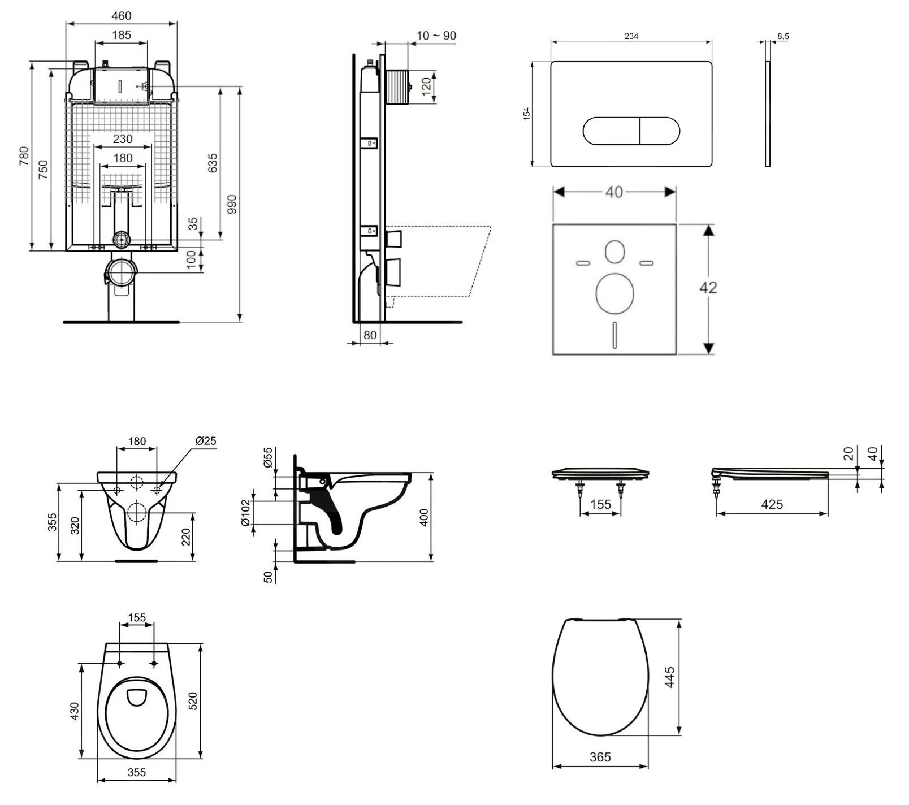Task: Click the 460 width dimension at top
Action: pos(122,16)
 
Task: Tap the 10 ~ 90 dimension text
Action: pos(436,36)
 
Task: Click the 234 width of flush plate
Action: pos(631,36)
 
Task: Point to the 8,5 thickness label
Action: pos(783,36)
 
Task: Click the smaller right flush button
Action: pos(659,131)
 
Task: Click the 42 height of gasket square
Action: pos(708,288)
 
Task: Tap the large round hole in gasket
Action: pos(614,293)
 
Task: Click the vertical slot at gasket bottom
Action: pos(614,334)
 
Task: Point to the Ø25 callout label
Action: pos(206,441)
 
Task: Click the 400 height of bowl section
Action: pos(425,517)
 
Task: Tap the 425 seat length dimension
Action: pos(772,504)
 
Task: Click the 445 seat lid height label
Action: pos(669,677)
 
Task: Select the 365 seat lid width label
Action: pos(600,757)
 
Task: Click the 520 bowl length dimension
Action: pos(192,701)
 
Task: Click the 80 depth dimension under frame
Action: pos(370,335)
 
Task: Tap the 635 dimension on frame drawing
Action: pos(213,163)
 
